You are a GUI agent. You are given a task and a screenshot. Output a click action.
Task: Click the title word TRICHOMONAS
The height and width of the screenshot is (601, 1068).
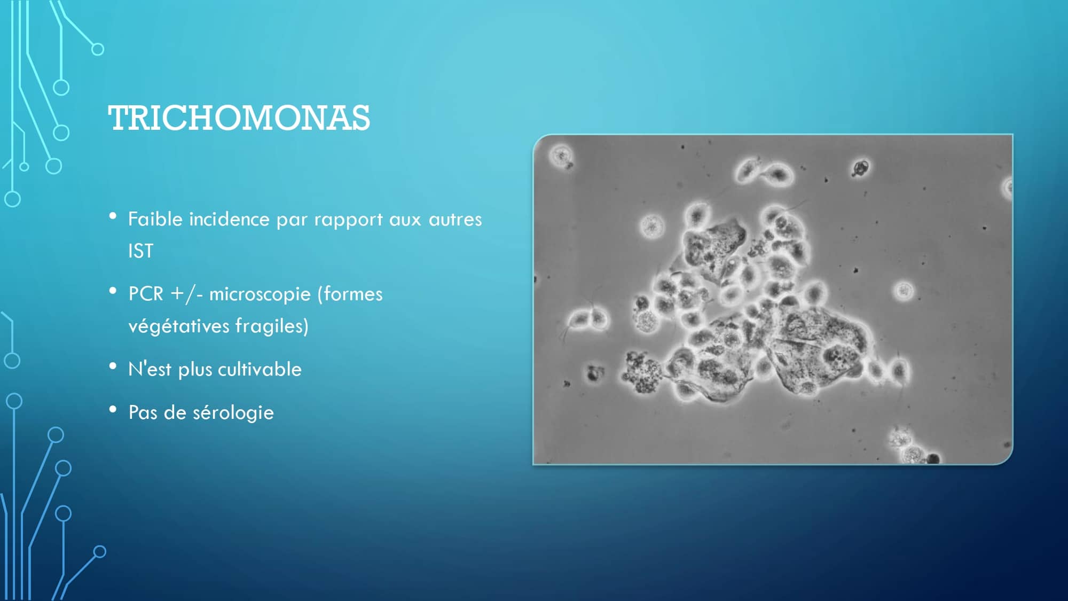(239, 118)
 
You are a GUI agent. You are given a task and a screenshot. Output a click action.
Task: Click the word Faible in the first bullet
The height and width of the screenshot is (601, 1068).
(155, 219)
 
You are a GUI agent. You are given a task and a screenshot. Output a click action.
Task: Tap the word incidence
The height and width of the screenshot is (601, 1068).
(229, 219)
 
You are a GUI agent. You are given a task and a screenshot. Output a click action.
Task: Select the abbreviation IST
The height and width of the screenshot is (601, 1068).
(140, 251)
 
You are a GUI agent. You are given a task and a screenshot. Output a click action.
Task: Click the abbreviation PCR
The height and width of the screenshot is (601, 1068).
(145, 294)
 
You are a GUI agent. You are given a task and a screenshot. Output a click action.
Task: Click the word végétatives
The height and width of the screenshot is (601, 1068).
(178, 326)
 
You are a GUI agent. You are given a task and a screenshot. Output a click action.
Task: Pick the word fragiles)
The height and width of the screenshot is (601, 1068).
(272, 326)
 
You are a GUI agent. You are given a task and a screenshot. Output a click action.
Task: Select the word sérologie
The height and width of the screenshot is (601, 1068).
(233, 413)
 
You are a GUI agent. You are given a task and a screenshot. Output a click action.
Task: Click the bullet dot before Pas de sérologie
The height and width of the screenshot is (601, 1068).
(113, 410)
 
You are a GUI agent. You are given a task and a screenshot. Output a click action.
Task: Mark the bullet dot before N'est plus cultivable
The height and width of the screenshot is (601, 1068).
(113, 366)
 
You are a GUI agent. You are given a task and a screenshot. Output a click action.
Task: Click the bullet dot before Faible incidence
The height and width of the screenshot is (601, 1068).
(113, 216)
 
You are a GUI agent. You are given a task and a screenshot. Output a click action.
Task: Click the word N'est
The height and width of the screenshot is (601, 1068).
(150, 369)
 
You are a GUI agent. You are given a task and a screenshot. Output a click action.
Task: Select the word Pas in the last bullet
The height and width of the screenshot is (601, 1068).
(143, 412)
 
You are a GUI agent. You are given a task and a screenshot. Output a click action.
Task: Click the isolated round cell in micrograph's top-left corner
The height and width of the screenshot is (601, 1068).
(561, 157)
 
